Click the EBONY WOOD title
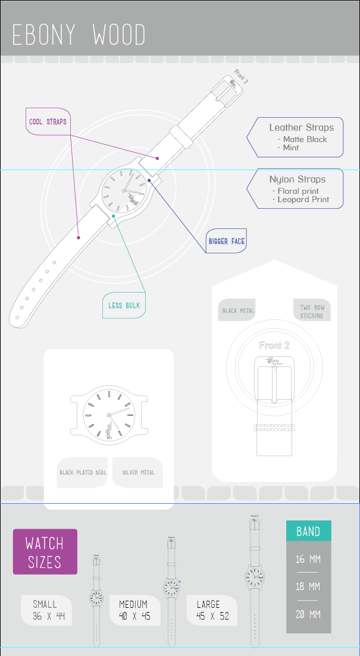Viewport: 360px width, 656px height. point(79,34)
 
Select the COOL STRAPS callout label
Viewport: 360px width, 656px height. point(48,122)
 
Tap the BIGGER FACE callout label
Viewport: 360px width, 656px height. point(226,241)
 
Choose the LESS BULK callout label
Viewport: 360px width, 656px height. point(124,305)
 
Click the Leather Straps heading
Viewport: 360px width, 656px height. point(301,127)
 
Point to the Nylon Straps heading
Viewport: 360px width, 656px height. point(297,179)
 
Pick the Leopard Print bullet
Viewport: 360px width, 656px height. point(305,199)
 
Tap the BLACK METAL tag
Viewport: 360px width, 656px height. point(238,310)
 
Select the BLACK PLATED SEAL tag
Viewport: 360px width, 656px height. point(83,473)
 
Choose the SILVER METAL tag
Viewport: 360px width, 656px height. point(138,473)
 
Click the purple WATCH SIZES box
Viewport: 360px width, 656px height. point(45,552)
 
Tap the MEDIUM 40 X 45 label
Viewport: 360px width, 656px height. point(134,610)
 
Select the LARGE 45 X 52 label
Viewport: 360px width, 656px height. point(212,610)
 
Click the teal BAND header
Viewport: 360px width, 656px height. point(308,531)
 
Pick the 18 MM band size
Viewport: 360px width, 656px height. point(308,586)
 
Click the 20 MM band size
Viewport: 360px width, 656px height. point(308,614)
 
